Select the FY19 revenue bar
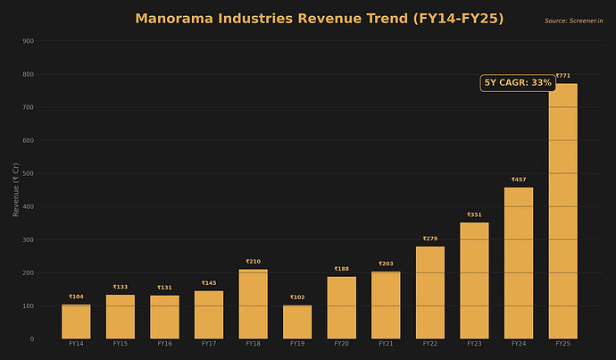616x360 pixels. coord(297,322)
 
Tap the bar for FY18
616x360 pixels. coord(253,304)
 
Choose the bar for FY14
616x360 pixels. coord(76,322)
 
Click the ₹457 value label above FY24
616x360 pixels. coord(519,180)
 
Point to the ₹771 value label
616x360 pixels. coord(562,76)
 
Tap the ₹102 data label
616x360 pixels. coord(297,297)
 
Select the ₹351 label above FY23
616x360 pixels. coord(474,215)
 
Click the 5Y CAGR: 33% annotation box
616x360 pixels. coord(518,83)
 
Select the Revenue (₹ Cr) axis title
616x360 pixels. coord(16,190)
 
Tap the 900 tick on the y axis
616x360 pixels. coord(29,41)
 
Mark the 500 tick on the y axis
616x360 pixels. coord(29,173)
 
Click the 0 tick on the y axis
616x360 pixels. coord(32,339)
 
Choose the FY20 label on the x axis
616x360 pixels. coord(341,344)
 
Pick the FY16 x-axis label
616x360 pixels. coord(164,344)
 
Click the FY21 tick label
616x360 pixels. coord(386,344)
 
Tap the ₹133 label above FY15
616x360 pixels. coord(121,287)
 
